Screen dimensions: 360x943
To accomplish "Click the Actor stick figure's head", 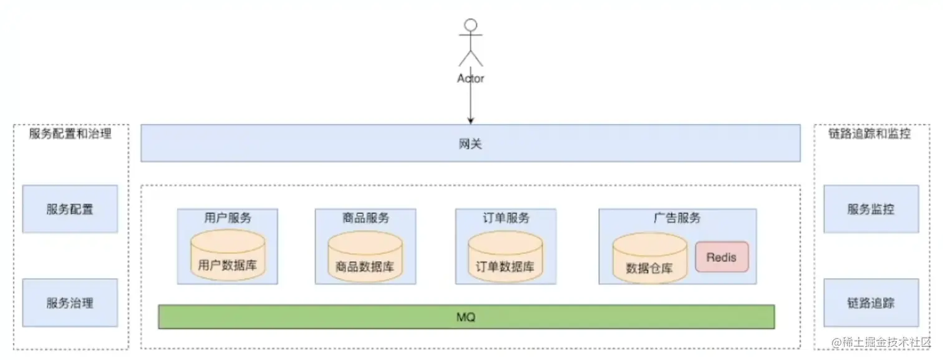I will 471,25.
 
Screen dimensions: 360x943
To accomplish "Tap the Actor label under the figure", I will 471,79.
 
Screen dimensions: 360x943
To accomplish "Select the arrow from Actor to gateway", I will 471,103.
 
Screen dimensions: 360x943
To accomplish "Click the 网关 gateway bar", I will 470,144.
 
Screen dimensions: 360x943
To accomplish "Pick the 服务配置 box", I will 70,209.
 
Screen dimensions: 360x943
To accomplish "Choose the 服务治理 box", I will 70,303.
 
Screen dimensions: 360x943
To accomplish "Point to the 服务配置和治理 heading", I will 70,134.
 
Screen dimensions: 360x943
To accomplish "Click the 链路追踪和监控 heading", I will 869,134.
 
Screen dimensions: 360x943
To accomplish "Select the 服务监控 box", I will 871,209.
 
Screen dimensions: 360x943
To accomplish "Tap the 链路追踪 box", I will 871,303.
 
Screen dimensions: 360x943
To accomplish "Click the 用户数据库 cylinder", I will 227,257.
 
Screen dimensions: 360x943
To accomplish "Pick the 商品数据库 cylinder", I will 365,257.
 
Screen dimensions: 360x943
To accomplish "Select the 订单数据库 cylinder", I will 505,257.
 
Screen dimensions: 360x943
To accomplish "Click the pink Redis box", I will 722,257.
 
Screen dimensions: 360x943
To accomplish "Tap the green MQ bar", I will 466,317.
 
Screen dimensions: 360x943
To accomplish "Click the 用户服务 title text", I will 228,218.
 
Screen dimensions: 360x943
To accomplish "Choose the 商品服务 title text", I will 365,218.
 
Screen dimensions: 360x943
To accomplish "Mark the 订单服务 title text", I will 506,218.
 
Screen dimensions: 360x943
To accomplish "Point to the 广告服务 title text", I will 677,218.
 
